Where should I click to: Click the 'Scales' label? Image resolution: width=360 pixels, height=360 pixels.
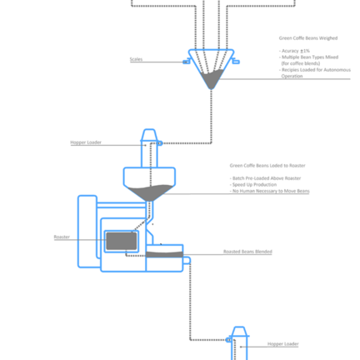(136, 59)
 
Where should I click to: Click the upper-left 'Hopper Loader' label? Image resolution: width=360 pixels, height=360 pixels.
(86, 142)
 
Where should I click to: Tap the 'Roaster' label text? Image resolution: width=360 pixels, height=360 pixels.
(62, 237)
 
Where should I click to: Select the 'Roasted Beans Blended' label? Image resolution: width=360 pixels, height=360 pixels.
(247, 252)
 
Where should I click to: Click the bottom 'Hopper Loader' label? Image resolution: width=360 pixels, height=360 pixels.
(282, 343)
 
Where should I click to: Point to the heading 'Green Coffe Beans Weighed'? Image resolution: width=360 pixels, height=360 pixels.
(307, 38)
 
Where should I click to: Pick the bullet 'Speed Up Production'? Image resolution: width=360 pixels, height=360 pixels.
(255, 185)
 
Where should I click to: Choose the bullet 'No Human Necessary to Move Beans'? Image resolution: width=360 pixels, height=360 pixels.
(270, 192)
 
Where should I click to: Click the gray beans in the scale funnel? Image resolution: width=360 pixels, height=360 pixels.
(212, 79)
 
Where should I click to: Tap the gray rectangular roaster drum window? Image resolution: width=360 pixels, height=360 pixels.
(122, 242)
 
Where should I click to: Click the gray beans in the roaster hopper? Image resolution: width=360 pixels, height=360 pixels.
(150, 193)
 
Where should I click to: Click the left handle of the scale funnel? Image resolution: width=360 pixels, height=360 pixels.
(186, 61)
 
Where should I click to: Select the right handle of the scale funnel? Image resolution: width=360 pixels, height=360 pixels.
(236, 61)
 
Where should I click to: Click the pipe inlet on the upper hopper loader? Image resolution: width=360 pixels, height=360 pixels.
(158, 142)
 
